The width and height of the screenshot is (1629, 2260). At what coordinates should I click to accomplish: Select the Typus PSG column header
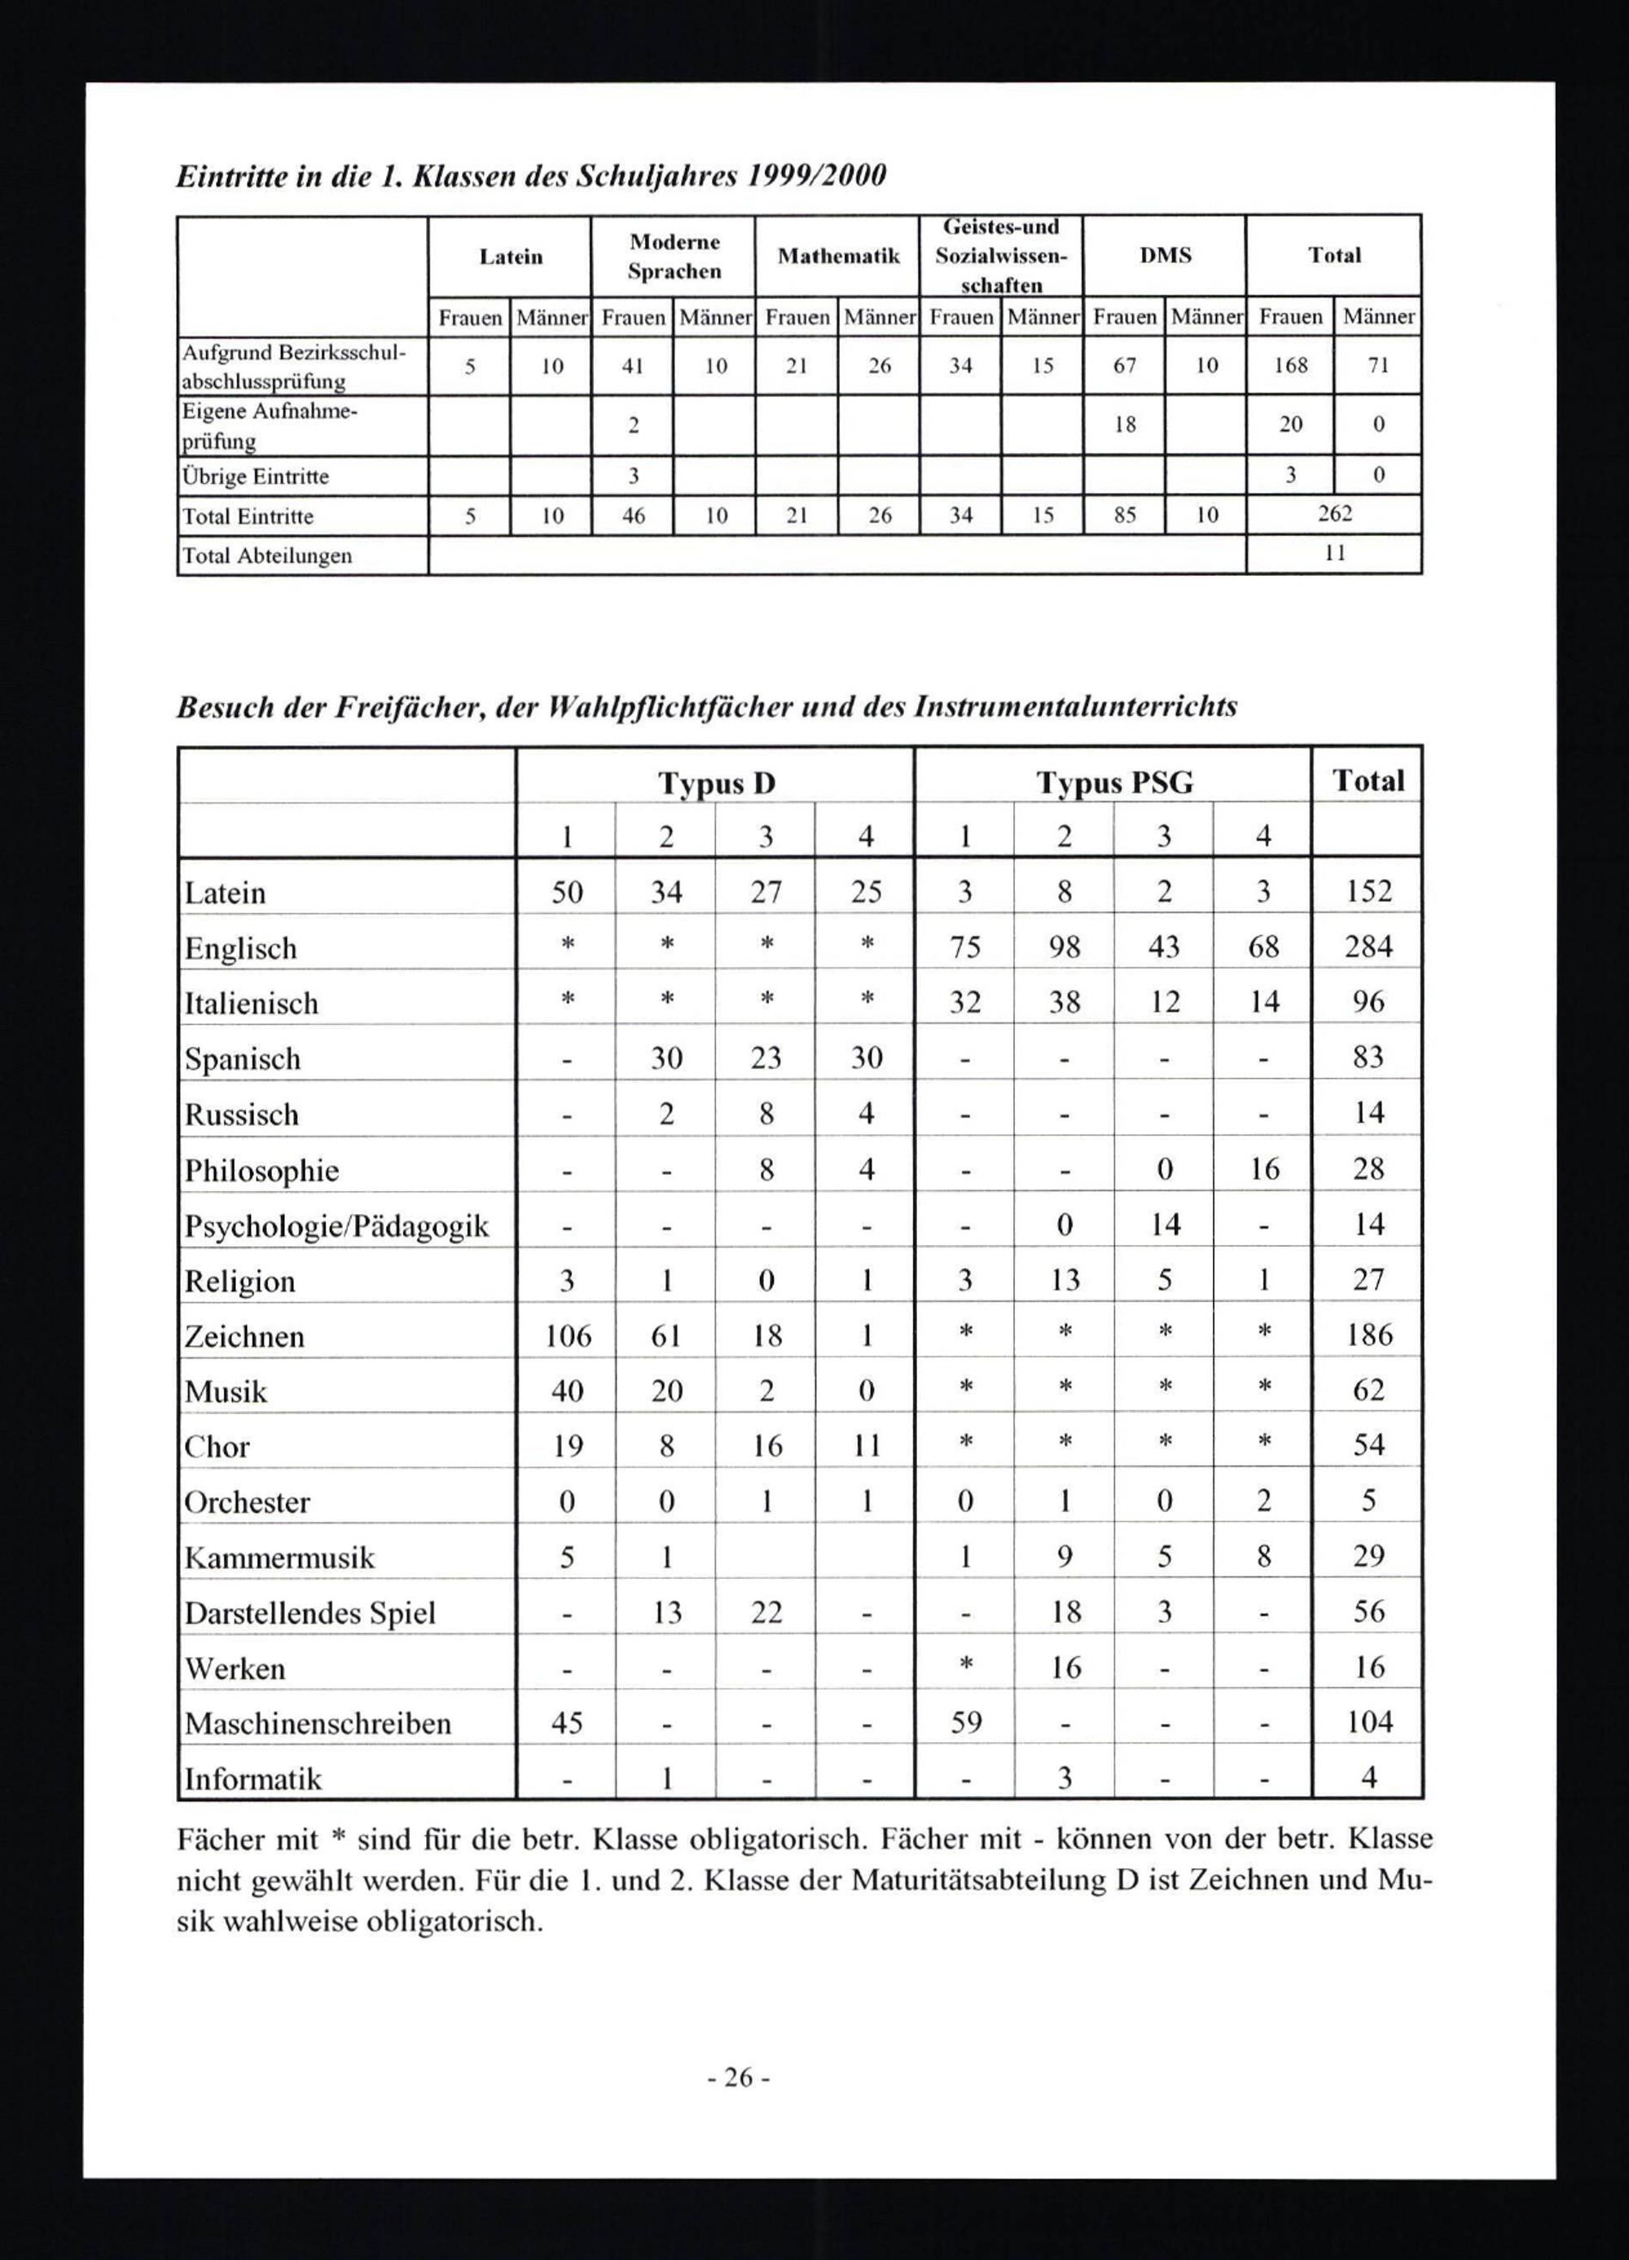1114,783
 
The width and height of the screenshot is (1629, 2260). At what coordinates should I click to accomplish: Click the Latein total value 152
1368,890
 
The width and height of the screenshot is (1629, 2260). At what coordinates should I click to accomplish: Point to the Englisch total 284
1368,946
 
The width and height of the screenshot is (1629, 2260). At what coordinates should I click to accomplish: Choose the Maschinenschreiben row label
318,1723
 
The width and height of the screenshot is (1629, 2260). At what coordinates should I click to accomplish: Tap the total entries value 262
1335,514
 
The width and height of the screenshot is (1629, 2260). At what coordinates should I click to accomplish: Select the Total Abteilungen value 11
1335,554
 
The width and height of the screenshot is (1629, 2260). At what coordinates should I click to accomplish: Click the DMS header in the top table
1165,255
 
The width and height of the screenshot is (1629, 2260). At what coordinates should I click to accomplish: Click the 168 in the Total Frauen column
1290,366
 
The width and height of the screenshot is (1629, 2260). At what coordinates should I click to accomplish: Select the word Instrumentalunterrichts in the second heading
1076,706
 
